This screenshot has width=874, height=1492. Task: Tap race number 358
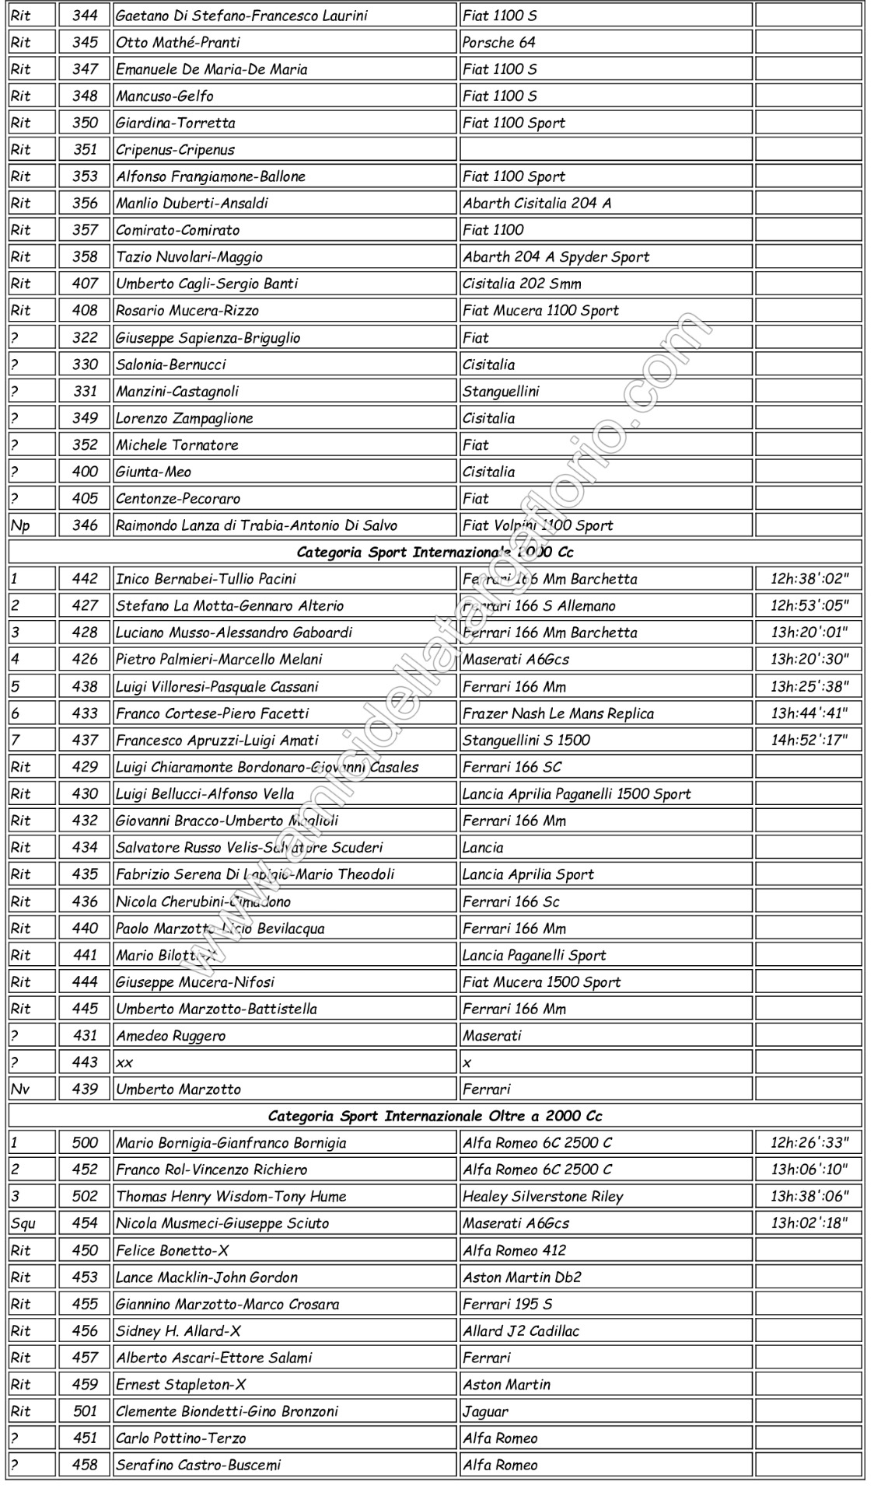pyautogui.click(x=85, y=256)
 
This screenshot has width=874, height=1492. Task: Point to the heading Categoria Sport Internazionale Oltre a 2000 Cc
pyautogui.click(x=435, y=1116)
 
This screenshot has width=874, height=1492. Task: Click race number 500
pyautogui.click(x=85, y=1142)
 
